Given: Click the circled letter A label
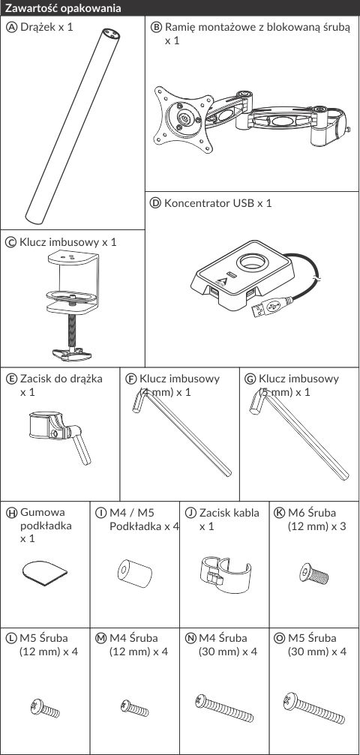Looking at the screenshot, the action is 11,27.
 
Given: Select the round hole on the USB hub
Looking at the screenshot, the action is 251,262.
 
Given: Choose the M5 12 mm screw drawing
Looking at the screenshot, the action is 45,708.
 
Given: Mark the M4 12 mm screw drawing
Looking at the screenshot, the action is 134,708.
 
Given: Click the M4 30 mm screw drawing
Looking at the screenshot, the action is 224,708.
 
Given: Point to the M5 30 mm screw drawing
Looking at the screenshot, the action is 314,708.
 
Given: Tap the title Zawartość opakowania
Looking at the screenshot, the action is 63,8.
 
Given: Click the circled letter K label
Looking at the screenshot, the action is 280,513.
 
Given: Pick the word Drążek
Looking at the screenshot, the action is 37,28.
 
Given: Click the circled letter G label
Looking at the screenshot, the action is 250,379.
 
